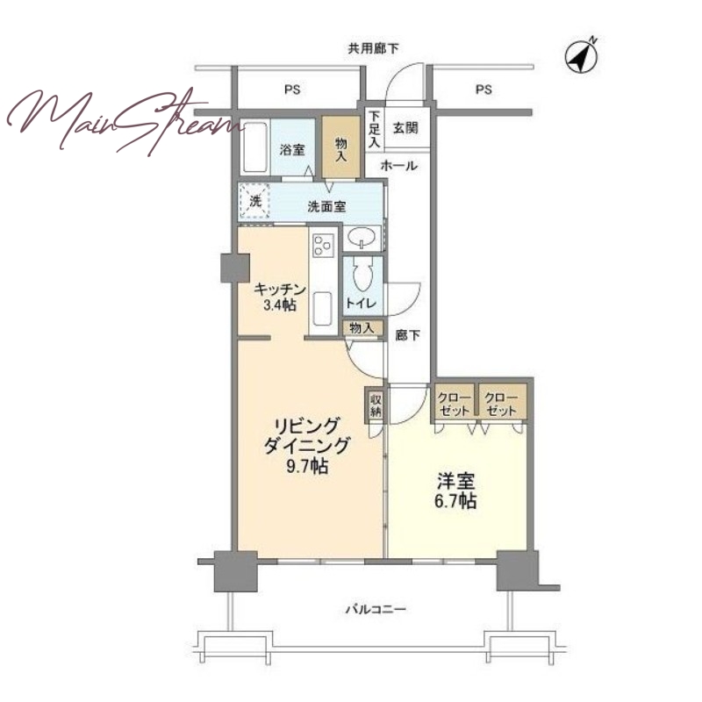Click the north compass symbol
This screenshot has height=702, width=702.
(582, 56)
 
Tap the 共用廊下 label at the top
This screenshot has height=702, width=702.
(374, 48)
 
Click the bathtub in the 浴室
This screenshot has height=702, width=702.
(254, 147)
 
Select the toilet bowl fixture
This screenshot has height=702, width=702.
(362, 274)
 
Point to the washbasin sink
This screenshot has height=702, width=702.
(362, 238)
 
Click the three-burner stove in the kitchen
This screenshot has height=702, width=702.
(323, 246)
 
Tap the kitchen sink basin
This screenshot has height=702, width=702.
(322, 309)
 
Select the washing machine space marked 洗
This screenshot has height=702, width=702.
(254, 201)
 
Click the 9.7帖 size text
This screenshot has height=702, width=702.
(307, 467)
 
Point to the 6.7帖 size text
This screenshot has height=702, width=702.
(455, 501)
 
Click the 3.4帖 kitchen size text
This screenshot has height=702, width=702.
(280, 305)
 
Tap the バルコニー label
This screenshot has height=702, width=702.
(376, 609)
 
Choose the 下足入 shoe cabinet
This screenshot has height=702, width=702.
(374, 129)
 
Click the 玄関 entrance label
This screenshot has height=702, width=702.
(405, 128)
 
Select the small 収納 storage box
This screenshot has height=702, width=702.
(376, 405)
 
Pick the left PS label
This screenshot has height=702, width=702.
(292, 90)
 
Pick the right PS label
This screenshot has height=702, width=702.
(484, 90)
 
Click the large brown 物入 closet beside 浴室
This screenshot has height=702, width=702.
(341, 147)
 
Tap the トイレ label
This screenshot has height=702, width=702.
(361, 303)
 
